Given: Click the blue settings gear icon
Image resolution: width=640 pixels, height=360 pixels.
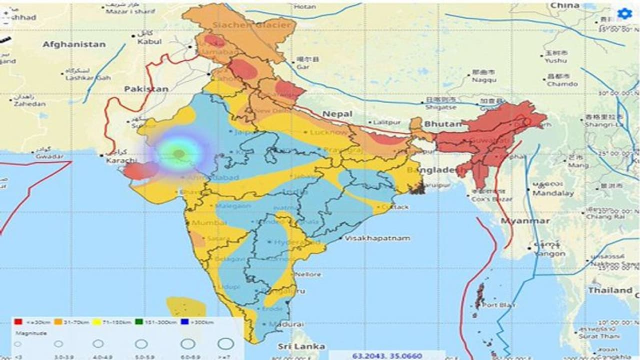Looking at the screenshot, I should click(x=624, y=14).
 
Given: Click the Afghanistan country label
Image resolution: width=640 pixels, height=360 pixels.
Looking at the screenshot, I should click(x=74, y=44).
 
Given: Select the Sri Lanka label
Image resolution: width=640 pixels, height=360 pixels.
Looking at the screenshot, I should click(x=302, y=346).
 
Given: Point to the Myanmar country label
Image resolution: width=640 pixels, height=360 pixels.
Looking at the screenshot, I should click(x=525, y=220).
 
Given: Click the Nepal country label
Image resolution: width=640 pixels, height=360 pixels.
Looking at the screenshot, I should click(x=337, y=114).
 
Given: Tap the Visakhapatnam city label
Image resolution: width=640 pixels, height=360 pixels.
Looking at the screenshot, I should click(x=377, y=238).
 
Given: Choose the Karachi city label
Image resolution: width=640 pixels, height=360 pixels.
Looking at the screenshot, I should click(x=121, y=160).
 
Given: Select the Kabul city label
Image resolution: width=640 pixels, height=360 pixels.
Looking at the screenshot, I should click(x=149, y=41).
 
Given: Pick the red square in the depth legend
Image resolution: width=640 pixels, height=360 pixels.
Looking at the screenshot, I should click(x=17, y=322).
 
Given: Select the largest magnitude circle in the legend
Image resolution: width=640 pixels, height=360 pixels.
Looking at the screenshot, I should click(x=226, y=343).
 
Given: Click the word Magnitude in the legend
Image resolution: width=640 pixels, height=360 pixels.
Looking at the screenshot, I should click(x=31, y=332).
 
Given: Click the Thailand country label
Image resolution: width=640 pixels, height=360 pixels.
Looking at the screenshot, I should click(x=610, y=290).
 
